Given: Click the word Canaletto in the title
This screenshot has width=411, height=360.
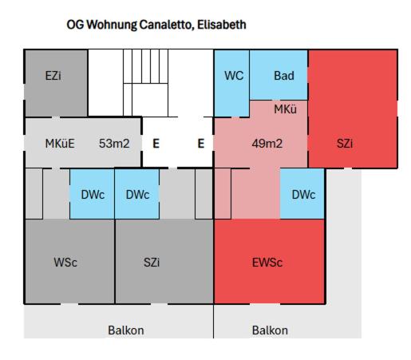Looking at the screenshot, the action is [166, 25].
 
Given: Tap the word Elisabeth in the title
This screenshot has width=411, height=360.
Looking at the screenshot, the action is [222, 25].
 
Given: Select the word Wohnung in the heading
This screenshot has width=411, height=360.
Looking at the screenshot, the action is [112, 25].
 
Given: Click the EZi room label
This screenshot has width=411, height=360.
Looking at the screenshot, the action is [53, 76].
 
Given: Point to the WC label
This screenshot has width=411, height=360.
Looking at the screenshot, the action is [234, 76].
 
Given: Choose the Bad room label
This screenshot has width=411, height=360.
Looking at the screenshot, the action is [284, 76].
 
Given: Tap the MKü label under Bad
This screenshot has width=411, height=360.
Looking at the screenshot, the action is [285, 109].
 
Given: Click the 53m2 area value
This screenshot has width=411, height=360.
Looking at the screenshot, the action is [114, 144].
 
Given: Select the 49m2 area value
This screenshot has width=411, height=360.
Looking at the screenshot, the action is [267, 144].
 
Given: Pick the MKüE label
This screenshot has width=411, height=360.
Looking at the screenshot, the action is [60, 144].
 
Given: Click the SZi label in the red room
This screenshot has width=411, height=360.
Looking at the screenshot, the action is [345, 144].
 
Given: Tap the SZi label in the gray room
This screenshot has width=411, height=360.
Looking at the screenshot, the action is [152, 263].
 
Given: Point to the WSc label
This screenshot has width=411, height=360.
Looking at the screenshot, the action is [65, 263].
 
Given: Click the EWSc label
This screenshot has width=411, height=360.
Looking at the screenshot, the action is [267, 263].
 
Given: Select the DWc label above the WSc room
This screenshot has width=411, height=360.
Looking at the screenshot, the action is [93, 195].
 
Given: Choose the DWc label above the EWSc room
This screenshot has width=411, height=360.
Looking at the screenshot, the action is [303, 195].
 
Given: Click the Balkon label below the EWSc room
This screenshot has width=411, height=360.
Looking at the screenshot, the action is [270, 330].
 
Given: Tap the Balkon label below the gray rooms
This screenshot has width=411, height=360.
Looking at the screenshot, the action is [126, 330].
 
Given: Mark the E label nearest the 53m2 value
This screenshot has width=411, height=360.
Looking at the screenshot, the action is [156, 144].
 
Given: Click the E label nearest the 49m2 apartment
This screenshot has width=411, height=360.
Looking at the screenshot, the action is [201, 144].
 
